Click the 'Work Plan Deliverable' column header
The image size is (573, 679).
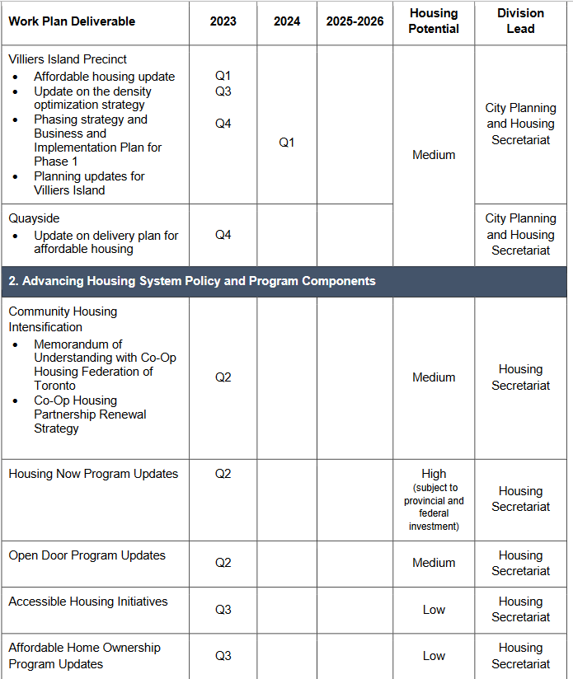click(72, 21)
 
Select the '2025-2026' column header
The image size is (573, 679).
click(355, 21)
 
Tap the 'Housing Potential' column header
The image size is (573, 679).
click(434, 21)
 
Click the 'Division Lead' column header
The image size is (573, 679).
click(520, 21)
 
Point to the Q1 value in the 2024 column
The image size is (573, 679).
click(286, 143)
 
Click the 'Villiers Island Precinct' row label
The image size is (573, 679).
click(68, 59)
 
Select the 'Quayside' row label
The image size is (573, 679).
click(34, 218)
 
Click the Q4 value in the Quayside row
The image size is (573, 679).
click(223, 235)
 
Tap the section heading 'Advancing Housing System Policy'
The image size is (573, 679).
click(192, 281)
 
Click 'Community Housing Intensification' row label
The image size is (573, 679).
click(63, 319)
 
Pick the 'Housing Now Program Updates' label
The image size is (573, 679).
click(93, 474)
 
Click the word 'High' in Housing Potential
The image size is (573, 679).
click(434, 474)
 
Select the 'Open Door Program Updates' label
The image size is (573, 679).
click(87, 555)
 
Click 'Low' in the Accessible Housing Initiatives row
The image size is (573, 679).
click(434, 610)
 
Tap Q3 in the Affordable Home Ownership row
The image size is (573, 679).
click(223, 656)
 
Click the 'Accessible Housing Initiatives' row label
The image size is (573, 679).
click(87, 602)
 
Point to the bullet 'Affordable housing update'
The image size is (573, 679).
click(104, 77)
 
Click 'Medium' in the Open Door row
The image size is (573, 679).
click(434, 563)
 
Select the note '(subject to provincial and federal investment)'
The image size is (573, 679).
click(434, 507)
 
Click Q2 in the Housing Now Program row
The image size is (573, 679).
click(223, 474)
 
